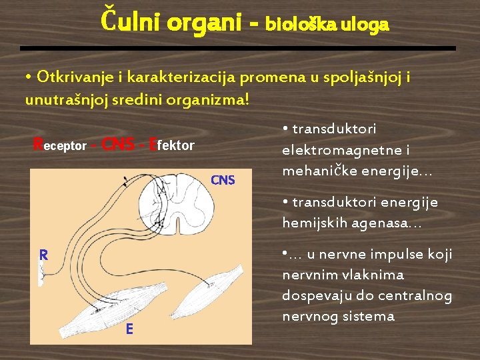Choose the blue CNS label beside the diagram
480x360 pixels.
pyautogui.click(x=223, y=180)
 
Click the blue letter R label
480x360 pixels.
pyautogui.click(x=43, y=254)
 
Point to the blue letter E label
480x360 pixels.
pyautogui.click(x=129, y=329)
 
